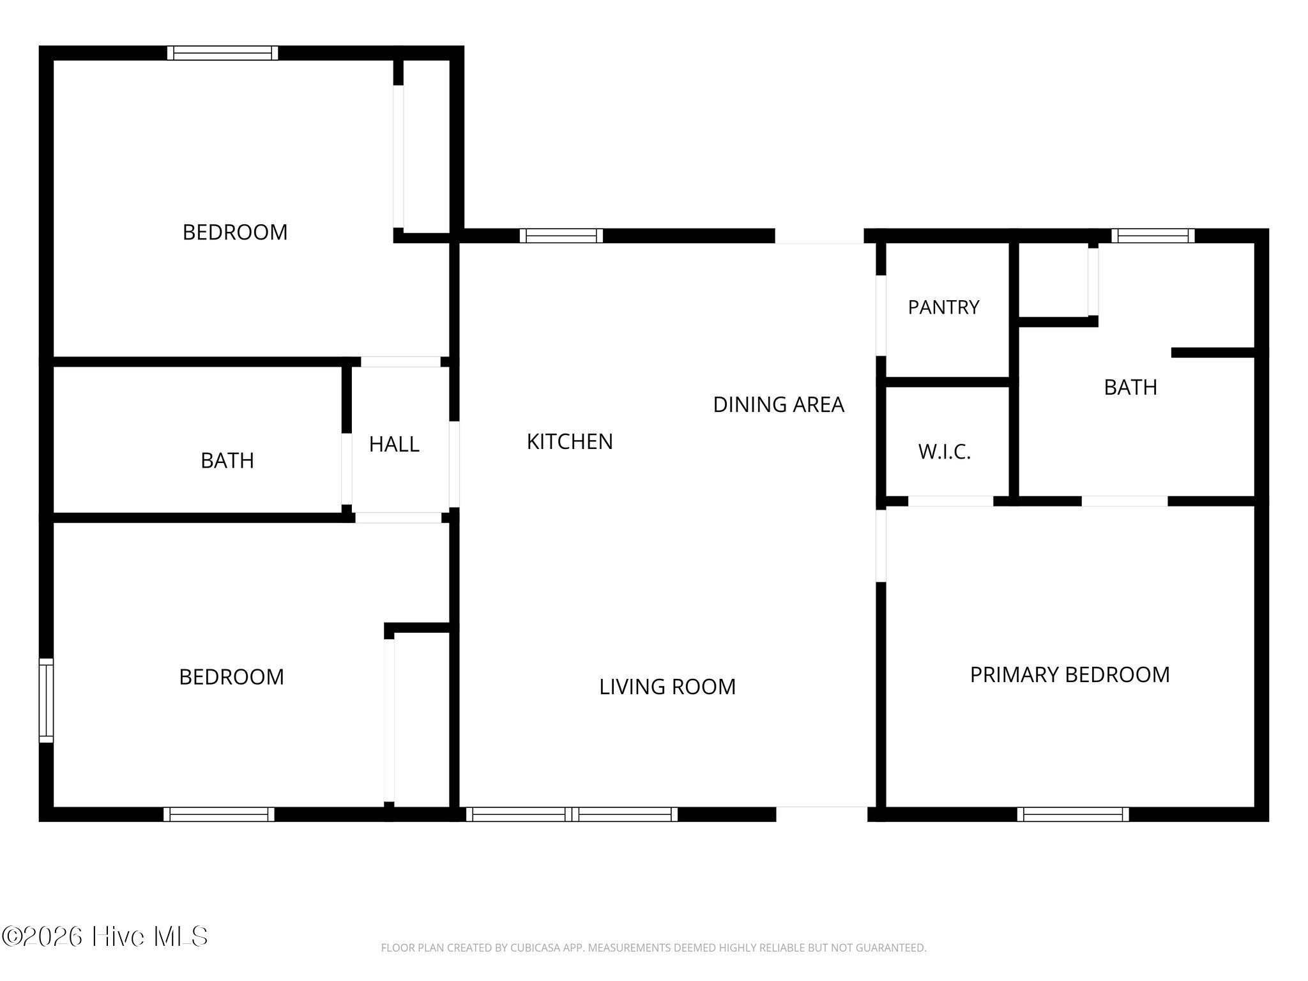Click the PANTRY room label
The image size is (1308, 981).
943,307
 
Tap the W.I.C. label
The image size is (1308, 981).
945,452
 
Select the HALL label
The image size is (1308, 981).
394,445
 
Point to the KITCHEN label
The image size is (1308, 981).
570,441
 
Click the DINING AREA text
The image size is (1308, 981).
779,404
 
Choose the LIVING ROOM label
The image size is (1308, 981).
667,687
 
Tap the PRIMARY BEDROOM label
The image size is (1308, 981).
1070,674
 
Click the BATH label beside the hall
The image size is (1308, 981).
227,460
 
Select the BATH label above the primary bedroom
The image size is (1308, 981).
1130,387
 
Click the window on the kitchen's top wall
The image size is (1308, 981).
561,236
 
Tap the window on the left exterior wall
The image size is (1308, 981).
46,700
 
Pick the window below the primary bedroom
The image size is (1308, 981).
1073,814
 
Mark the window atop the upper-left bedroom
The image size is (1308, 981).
223,53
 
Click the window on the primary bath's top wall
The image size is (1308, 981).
1153,236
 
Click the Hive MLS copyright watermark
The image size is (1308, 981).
105,937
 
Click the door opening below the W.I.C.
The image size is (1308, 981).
951,501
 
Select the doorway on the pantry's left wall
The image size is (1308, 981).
881,316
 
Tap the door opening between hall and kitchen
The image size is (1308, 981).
454,464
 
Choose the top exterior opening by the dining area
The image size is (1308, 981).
819,236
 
